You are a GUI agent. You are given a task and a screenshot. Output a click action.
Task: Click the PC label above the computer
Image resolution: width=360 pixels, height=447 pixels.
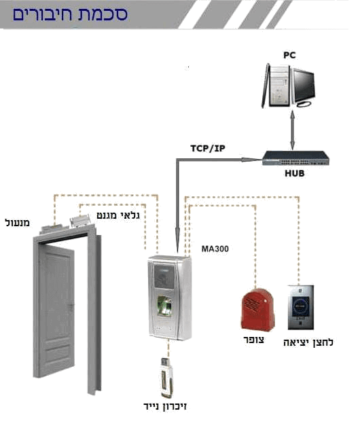[x=289, y=55]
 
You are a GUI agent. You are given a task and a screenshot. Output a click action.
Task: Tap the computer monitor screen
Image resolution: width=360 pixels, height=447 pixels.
[x=304, y=85]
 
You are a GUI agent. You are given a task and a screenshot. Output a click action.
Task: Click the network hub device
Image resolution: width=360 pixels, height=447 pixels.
[x=295, y=158]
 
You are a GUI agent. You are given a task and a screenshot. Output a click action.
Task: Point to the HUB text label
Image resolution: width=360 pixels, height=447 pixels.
[x=295, y=173]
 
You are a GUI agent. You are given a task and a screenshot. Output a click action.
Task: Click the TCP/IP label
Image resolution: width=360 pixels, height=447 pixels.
[x=208, y=149]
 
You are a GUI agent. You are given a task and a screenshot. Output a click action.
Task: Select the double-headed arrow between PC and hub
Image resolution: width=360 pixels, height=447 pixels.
[x=292, y=130]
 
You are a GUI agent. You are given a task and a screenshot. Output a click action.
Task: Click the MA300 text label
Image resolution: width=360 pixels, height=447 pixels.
[x=215, y=249]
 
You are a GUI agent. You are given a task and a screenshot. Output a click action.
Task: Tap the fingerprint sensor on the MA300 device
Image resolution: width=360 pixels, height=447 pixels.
[x=165, y=306]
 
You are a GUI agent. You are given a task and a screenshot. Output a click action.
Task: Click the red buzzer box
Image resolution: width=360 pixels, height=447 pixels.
[x=257, y=310]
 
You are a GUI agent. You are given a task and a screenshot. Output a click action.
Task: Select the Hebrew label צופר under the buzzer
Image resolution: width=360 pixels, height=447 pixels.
[x=253, y=340]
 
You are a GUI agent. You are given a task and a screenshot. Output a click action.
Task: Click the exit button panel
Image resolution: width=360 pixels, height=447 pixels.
[x=301, y=307]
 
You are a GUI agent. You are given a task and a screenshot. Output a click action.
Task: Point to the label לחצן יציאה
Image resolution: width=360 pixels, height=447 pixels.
[x=308, y=342]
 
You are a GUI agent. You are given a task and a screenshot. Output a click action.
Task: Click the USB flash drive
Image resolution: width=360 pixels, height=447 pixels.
[x=166, y=378]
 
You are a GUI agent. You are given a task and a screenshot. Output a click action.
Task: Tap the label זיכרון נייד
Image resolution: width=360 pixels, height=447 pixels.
[x=165, y=406]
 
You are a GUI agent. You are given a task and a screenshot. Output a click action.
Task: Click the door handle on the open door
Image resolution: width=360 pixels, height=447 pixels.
[x=71, y=306]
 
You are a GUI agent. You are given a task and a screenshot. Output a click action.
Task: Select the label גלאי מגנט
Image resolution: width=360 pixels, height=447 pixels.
[x=118, y=215]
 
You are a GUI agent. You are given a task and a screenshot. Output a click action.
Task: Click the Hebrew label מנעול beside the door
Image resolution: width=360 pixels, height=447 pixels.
[x=18, y=223]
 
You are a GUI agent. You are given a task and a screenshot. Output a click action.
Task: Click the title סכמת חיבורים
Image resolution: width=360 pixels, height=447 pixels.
[x=69, y=14]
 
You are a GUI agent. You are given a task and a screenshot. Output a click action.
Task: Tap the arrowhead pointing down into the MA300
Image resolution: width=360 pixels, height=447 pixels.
[x=177, y=240]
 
